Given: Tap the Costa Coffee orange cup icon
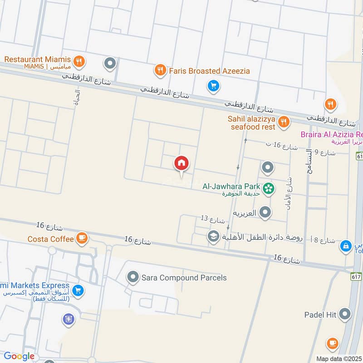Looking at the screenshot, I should coord(81,239).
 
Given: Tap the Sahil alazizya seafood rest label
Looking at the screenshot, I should coord(252,123).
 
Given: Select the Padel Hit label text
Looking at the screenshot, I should coord(320,314).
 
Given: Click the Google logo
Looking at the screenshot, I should coord(20,357).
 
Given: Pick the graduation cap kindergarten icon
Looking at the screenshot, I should coord(212,236).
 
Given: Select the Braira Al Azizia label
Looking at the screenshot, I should coord(331,134).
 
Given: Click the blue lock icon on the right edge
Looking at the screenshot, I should coord(346,246).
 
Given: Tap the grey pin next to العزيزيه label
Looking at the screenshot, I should coord(265,212).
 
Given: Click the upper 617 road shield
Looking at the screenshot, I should coord(358,156).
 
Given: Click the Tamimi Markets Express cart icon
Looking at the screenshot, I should coord(78,289).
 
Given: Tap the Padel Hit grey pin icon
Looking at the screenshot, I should coord(345,314).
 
